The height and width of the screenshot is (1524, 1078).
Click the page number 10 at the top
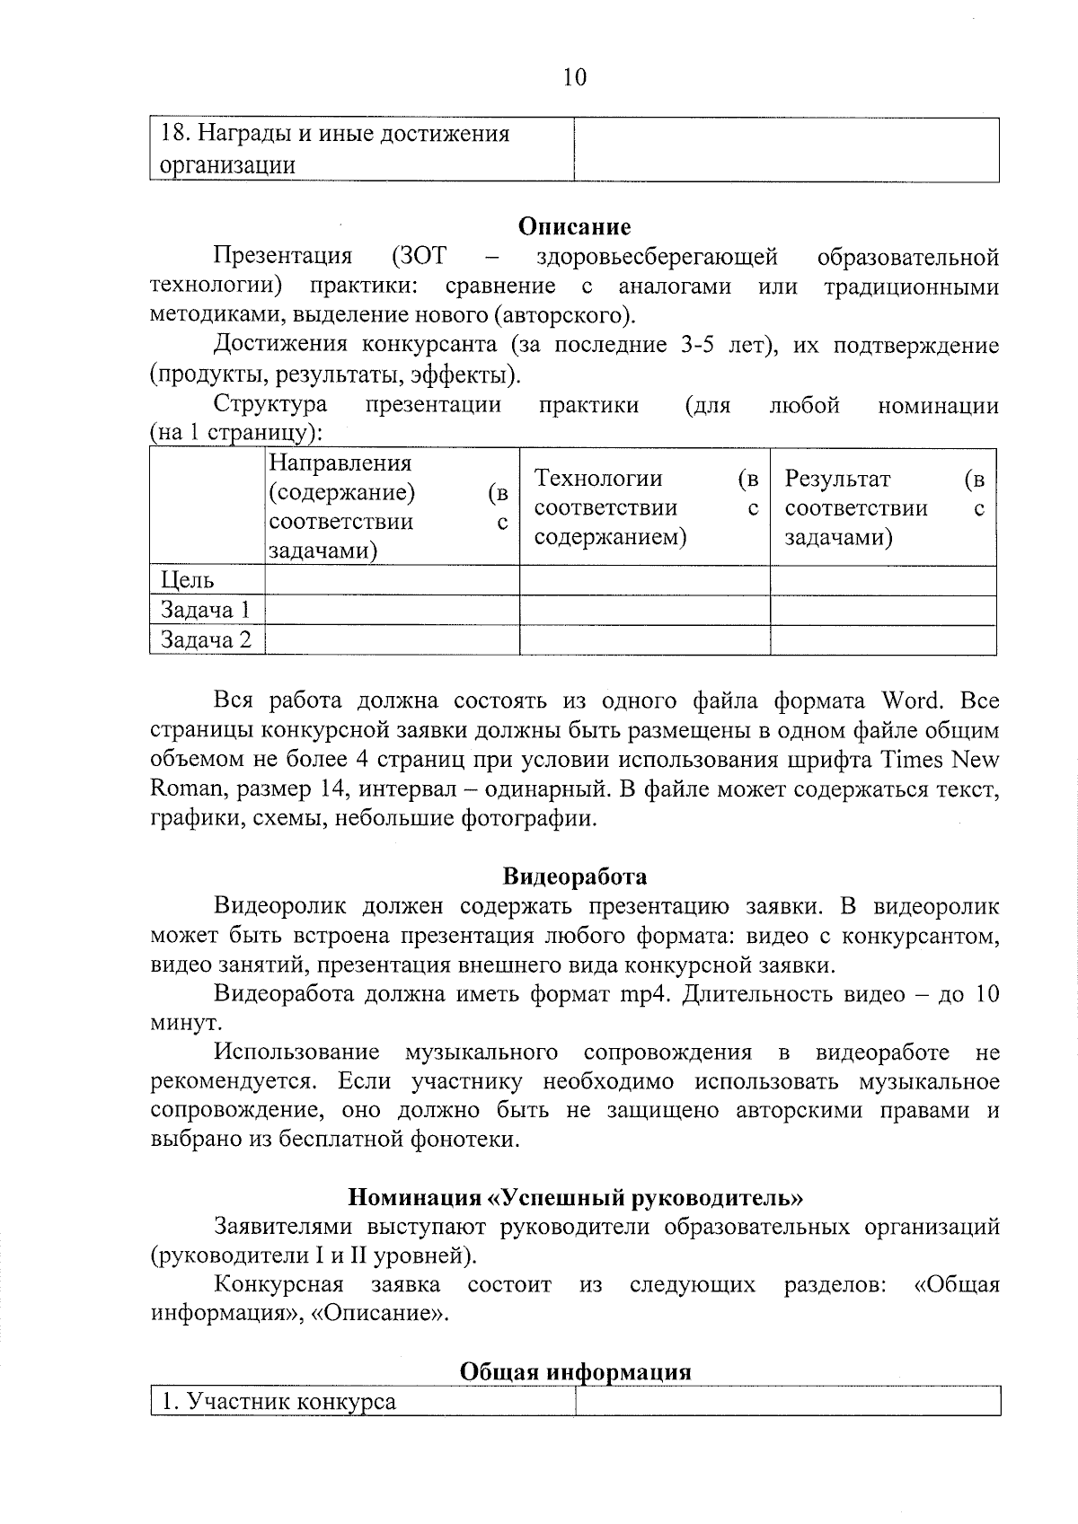(575, 78)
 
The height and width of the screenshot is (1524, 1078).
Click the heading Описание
(575, 227)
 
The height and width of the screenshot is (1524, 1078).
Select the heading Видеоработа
(575, 877)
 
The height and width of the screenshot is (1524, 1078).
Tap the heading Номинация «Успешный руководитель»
(575, 1197)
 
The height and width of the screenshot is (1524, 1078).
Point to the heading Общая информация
(575, 1372)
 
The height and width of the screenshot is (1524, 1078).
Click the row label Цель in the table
(188, 581)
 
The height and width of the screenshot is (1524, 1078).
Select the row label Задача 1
(205, 611)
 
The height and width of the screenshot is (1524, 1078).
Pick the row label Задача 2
(206, 640)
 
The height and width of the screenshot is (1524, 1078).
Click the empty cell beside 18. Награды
(786, 150)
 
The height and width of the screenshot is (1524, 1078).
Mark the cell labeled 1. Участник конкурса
(278, 1402)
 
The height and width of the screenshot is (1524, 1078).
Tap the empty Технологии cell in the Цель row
(644, 581)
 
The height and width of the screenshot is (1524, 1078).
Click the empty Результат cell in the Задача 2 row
(883, 640)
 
